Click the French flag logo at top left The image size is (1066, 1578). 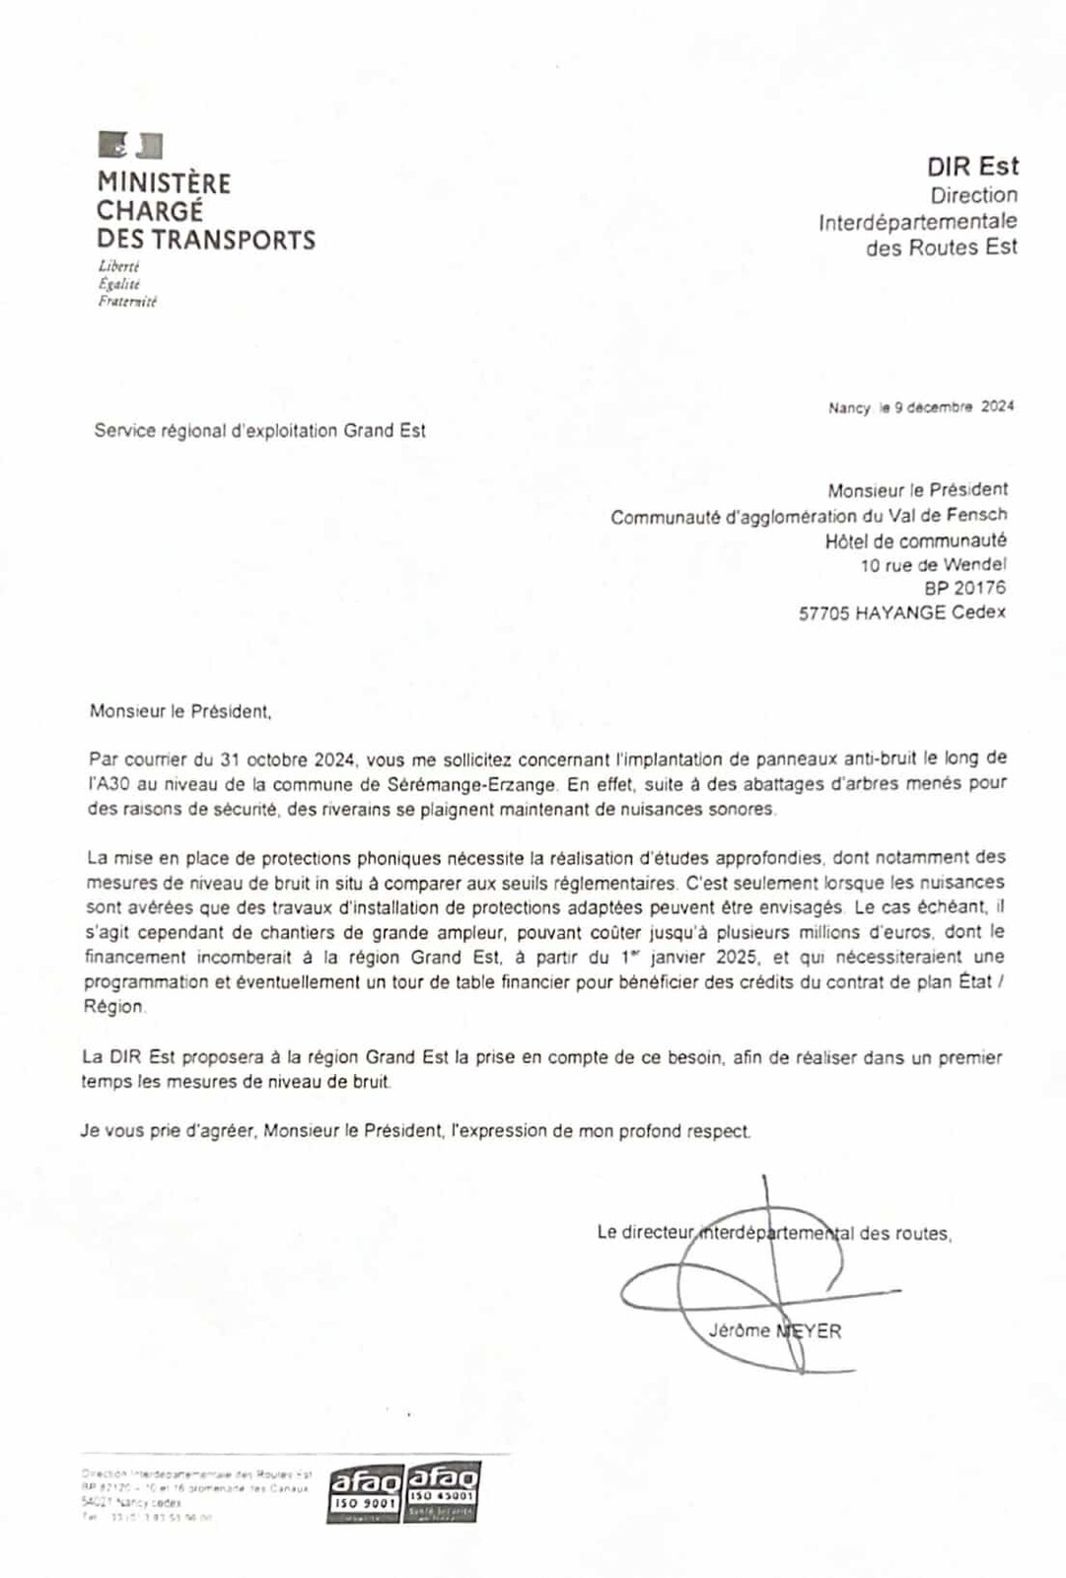coord(130,146)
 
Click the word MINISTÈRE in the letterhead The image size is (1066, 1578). coord(164,183)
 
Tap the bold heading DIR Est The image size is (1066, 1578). coord(972,166)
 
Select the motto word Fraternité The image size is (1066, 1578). coord(127,302)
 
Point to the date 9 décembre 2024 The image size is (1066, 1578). coord(954,406)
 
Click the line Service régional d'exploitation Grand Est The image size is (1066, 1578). coord(259,431)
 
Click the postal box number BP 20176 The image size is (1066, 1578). coord(964,588)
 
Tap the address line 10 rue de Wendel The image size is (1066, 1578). coord(933,565)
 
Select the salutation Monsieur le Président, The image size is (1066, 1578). coord(179,711)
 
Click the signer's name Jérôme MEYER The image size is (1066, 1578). coord(774,1331)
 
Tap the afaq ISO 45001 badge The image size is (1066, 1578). coord(443,1490)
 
